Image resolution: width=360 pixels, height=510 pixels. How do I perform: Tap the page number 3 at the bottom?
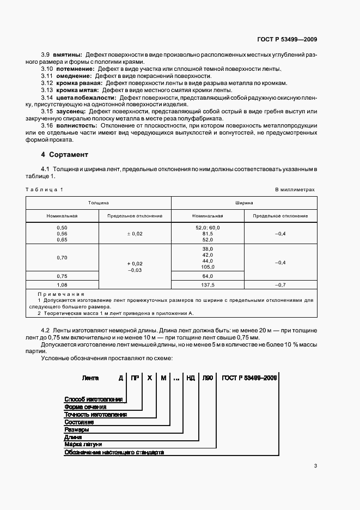pos(315,466)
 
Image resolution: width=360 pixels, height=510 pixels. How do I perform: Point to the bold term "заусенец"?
pos(68,111)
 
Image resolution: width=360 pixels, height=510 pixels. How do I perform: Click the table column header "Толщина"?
pos(99,202)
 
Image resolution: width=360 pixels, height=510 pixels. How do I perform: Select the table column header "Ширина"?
pos(243,202)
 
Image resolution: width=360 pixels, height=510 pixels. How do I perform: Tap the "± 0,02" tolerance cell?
pos(135,233)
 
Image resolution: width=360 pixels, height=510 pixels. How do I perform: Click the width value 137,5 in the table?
pos(208,284)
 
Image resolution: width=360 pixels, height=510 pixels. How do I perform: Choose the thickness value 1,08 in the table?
pos(62,284)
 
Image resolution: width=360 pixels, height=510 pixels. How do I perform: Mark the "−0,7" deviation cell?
pos(280,284)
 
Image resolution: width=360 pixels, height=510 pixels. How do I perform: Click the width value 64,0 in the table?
pos(208,276)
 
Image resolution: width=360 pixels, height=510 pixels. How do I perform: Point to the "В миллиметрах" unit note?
pos(295,189)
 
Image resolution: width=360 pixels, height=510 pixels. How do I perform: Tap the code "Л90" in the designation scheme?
pos(208,377)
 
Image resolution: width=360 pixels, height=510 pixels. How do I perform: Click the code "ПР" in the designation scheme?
pos(134,377)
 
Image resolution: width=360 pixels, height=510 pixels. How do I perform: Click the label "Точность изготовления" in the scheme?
pos(95,414)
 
